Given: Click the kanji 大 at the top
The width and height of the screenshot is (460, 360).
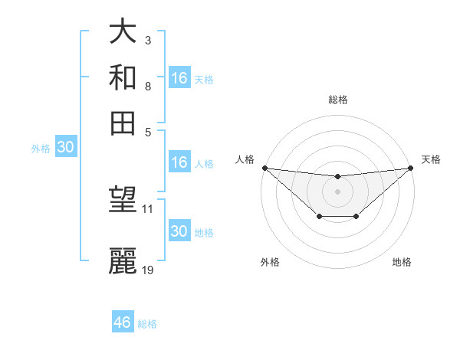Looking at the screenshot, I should (x=123, y=32).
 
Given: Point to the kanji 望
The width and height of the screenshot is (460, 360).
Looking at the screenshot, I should (x=123, y=201).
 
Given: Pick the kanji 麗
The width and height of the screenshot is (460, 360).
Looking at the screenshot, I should (x=123, y=260).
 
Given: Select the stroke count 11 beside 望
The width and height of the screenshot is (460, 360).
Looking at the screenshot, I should (x=148, y=208).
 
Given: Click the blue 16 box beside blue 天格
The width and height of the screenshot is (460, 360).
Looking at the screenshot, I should (x=179, y=78).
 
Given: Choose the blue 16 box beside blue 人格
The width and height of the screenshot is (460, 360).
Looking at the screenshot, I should (x=179, y=162).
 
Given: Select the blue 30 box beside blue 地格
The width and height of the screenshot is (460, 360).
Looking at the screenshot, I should (x=179, y=231).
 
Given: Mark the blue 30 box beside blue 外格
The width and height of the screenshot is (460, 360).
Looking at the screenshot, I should (x=65, y=148).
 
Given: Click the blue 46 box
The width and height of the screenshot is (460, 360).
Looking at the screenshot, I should (x=123, y=322).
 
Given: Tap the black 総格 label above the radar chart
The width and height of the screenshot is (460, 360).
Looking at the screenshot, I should (x=337, y=100).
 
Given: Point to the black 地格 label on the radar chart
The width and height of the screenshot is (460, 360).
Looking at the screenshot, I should (x=402, y=263).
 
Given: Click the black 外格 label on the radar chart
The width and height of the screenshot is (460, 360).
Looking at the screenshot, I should (x=270, y=263).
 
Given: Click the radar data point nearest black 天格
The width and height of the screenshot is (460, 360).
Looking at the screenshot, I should (x=411, y=168).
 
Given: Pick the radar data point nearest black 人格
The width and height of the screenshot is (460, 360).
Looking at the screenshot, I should (x=264, y=168).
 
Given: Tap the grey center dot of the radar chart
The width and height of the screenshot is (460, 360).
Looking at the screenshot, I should (x=337, y=191).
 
